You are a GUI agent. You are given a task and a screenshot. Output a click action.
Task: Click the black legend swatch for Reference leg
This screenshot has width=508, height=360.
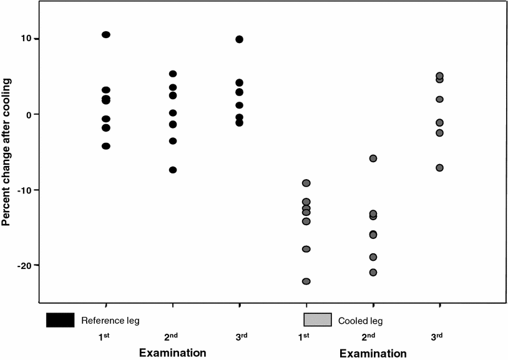pos(60,320)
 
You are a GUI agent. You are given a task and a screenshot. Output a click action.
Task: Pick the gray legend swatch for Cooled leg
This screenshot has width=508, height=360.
pos(317,320)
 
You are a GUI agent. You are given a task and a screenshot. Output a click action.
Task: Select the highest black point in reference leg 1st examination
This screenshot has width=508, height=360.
pos(106,35)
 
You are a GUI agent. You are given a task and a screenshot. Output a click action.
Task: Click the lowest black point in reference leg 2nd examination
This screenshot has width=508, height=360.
pos(173,170)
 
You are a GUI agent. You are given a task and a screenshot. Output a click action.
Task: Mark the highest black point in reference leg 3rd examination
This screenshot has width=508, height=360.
pos(239,39)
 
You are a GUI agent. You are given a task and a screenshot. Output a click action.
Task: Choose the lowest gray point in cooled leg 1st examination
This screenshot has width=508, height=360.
pos(306,281)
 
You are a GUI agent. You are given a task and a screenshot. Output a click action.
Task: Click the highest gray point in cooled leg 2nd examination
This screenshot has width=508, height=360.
pos(373,158)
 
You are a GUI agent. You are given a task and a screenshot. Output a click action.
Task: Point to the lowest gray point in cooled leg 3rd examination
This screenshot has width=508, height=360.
pos(439,167)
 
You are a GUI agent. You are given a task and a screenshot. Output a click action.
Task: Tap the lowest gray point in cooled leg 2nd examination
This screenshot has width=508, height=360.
pos(373,272)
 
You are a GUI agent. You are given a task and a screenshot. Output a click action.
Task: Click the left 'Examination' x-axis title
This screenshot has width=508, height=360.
pos(173,353)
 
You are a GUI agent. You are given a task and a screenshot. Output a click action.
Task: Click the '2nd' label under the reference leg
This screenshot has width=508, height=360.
pos(172,336)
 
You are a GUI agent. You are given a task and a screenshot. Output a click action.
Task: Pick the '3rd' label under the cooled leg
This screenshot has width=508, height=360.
pos(437,336)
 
